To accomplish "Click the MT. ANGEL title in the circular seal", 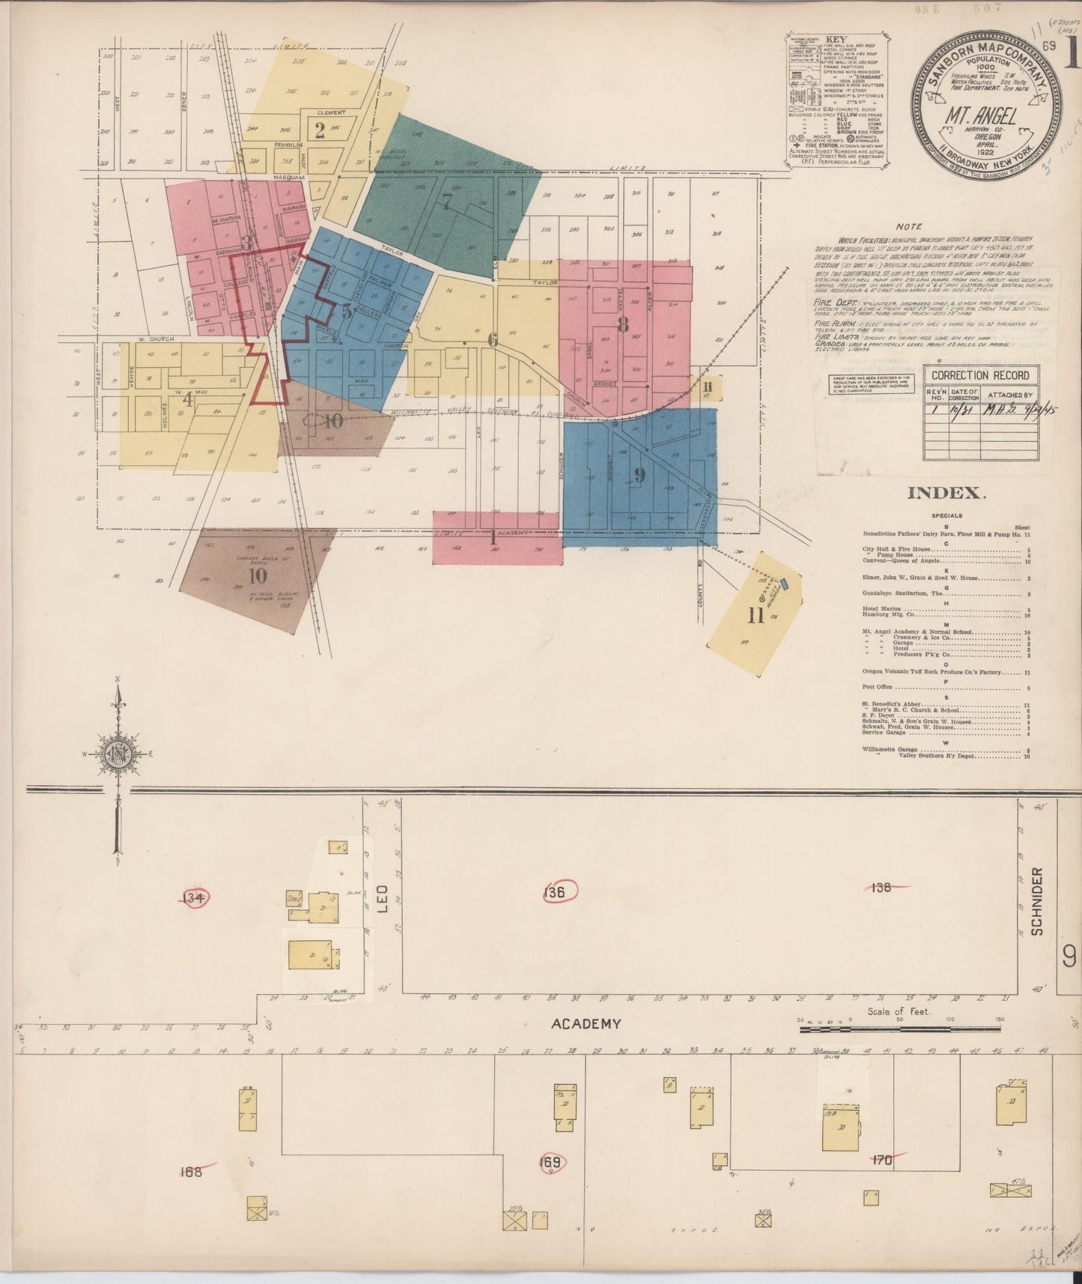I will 990,117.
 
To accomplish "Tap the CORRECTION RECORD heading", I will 981,375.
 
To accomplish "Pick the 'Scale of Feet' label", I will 898,1011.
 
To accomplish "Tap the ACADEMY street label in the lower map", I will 586,1023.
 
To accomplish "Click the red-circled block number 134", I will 195,897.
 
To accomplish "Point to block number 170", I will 882,1160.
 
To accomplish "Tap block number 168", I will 191,1172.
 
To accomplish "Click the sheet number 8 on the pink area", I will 621,324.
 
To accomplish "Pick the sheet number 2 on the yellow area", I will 320,131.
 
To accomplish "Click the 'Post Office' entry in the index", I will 881,686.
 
